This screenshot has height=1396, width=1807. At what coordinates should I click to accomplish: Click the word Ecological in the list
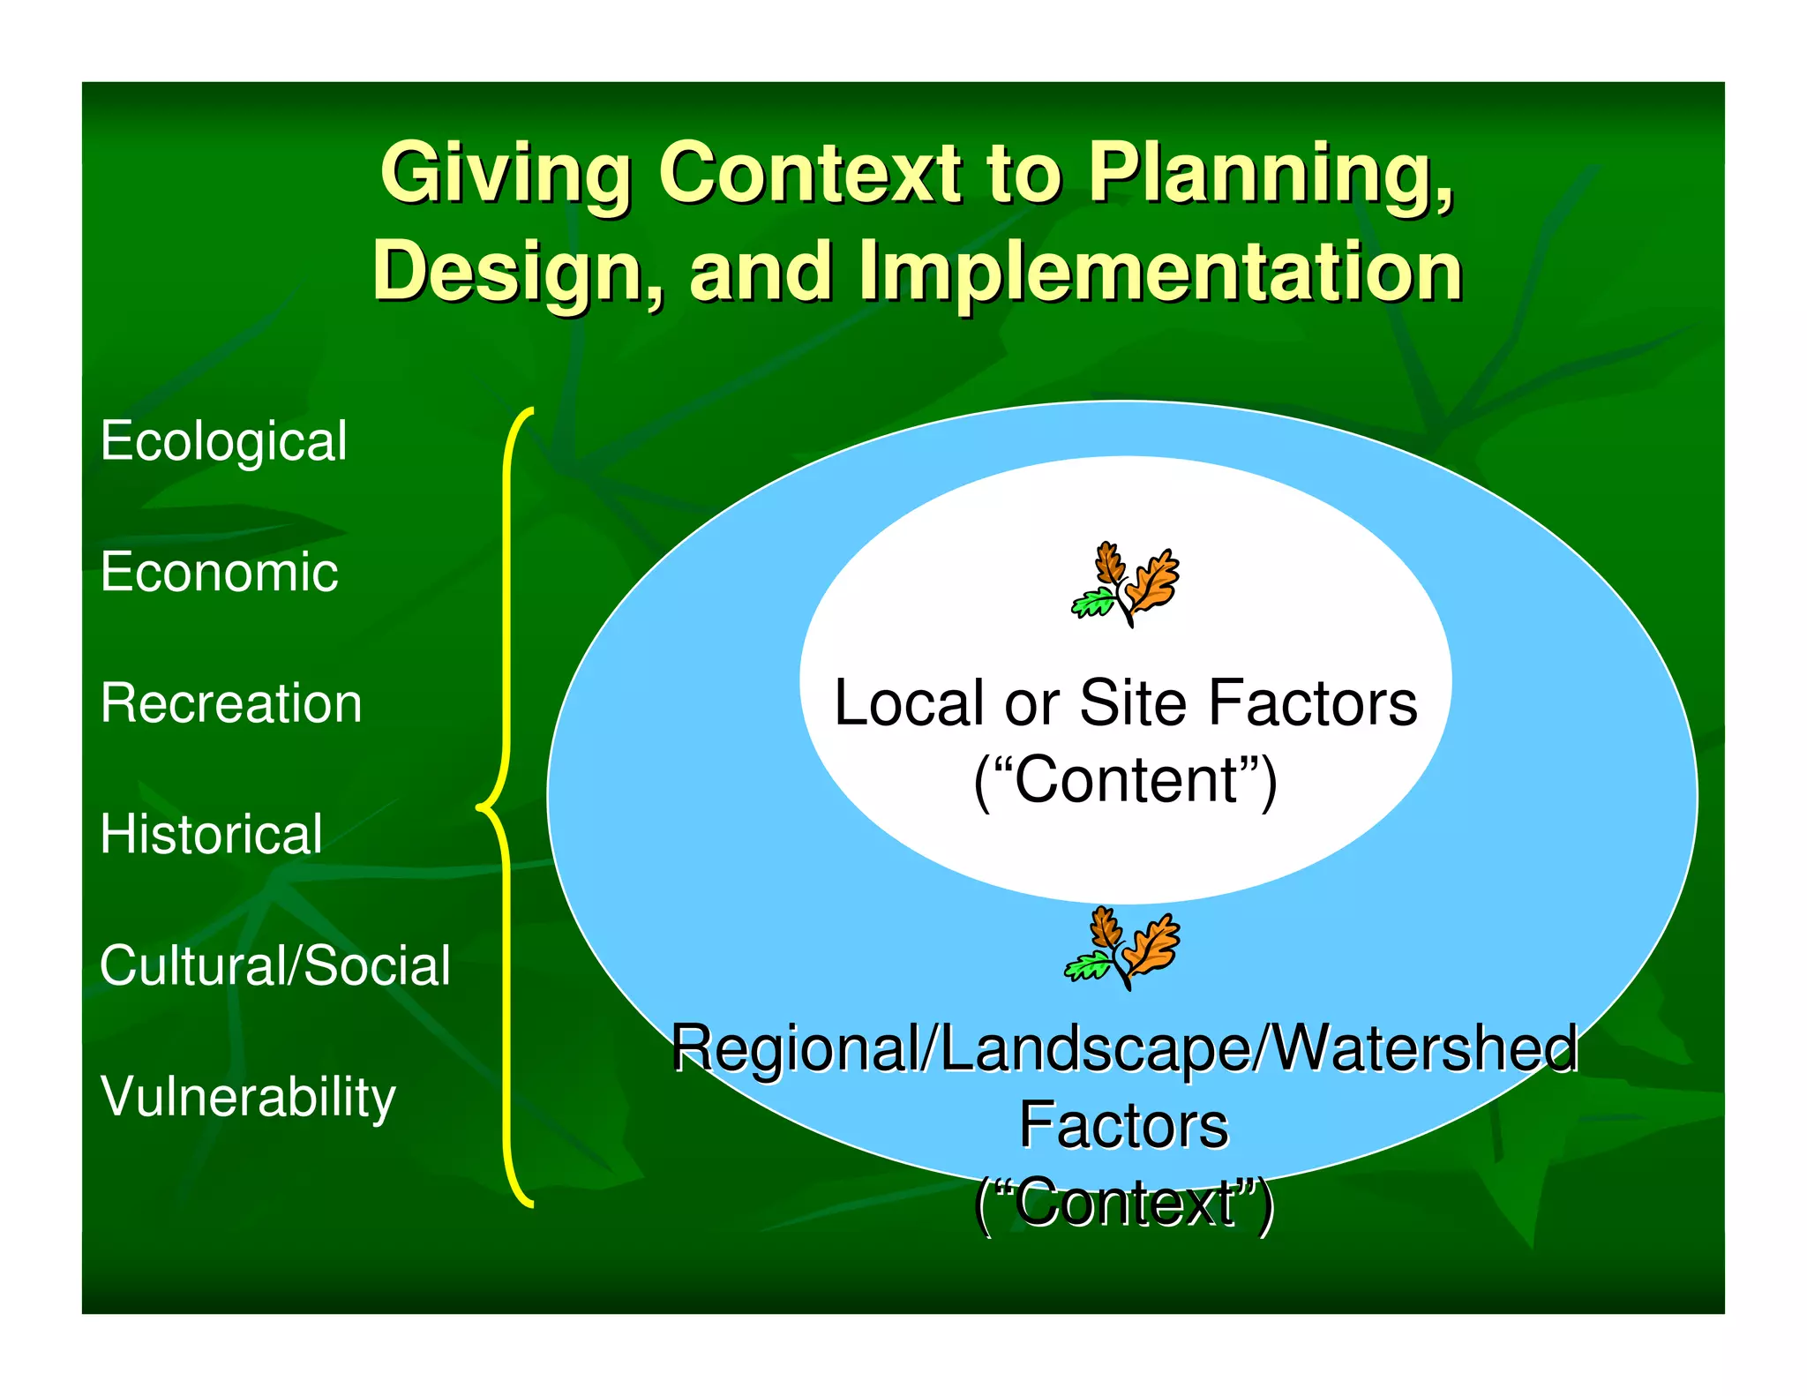(223, 442)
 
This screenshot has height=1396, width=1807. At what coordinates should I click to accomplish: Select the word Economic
(219, 572)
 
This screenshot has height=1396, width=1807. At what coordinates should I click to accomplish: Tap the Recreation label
(231, 703)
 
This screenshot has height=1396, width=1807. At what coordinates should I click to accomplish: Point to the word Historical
(212, 834)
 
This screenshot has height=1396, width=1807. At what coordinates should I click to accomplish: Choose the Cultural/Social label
(275, 964)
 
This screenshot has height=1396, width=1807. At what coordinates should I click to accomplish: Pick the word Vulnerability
(248, 1097)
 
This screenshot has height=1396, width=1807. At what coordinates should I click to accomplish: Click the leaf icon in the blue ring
(1122, 947)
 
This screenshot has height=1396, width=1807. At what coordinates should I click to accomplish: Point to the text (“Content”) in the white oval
(1125, 780)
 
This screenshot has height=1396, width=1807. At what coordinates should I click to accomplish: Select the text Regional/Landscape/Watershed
(1125, 1048)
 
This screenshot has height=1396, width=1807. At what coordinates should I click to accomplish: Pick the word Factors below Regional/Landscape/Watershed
(1123, 1126)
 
